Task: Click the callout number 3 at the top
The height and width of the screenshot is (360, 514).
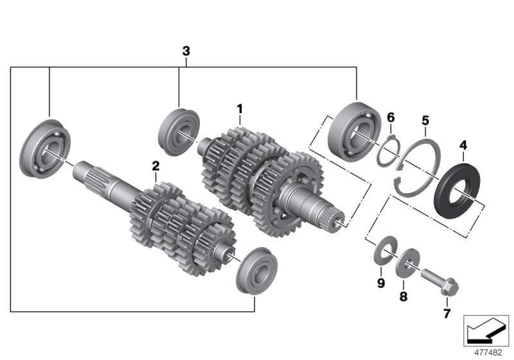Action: [x=186, y=51]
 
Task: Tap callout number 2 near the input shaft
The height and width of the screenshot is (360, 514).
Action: [x=155, y=166]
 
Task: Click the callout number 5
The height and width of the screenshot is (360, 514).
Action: [x=425, y=120]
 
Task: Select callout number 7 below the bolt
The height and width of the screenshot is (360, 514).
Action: [x=447, y=314]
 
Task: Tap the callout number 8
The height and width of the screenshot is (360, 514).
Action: [x=403, y=296]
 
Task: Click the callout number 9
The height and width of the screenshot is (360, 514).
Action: [x=380, y=283]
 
